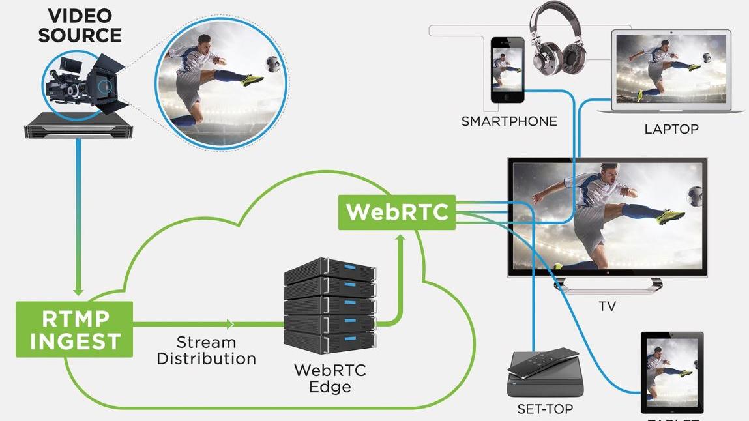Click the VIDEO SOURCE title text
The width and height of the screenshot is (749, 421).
click(79, 25)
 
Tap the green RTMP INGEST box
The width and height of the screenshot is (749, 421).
click(74, 329)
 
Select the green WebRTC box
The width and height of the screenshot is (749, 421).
click(397, 212)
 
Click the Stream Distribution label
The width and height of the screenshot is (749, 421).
click(206, 351)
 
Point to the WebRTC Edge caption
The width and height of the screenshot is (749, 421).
click(330, 378)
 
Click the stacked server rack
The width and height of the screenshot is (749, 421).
click(330, 305)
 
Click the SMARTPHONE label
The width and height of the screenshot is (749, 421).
click(509, 121)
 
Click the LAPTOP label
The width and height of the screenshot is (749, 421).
click(671, 129)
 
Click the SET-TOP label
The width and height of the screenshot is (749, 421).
click(544, 409)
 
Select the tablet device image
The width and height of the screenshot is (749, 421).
click(672, 372)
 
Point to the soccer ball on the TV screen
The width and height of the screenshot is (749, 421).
click(695, 194)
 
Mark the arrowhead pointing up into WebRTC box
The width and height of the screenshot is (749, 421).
click(401, 239)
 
